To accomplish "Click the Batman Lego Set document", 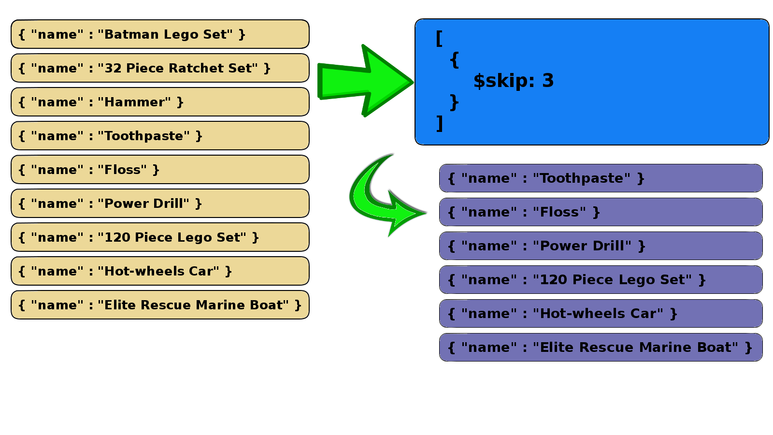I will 159,34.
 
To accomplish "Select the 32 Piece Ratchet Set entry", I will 159,68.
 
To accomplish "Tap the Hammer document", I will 159,102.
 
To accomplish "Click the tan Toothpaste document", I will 159,136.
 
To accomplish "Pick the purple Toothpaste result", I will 601,178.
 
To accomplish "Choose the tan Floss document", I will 159,170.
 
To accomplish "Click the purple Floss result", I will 601,212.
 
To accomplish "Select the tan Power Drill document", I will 159,203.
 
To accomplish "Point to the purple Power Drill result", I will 601,246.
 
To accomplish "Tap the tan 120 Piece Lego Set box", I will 159,237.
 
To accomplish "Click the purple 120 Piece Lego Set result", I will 601,280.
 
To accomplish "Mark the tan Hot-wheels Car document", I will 159,271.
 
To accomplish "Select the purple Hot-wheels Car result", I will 601,314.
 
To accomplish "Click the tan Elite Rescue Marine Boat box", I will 159,305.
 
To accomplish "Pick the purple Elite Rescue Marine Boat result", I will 601,348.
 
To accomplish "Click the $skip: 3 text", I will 513,81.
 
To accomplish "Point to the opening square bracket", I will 439,38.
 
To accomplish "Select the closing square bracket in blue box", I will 439,123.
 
